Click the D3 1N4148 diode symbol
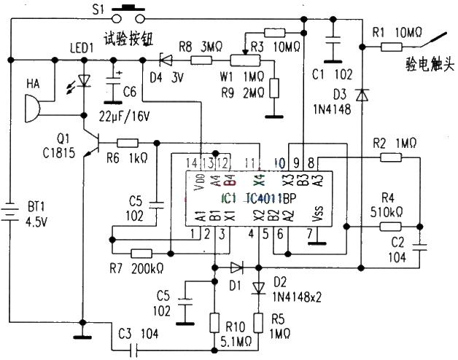click(x=361, y=95)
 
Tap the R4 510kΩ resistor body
click(x=391, y=227)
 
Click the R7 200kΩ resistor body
click(x=140, y=254)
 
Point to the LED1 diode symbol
click(x=85, y=81)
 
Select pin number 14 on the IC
click(x=192, y=161)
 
